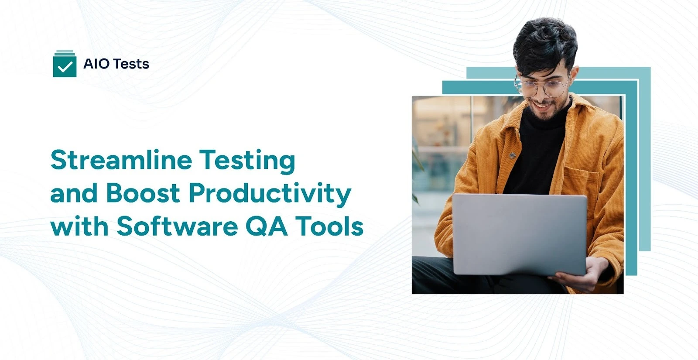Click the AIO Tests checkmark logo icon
65,64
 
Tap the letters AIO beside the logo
96,64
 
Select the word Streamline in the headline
121,160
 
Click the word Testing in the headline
247,161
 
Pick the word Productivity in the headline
270,194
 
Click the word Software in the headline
177,226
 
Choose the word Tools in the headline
330,226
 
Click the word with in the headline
79,226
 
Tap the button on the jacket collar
513,155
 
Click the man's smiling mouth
541,105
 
